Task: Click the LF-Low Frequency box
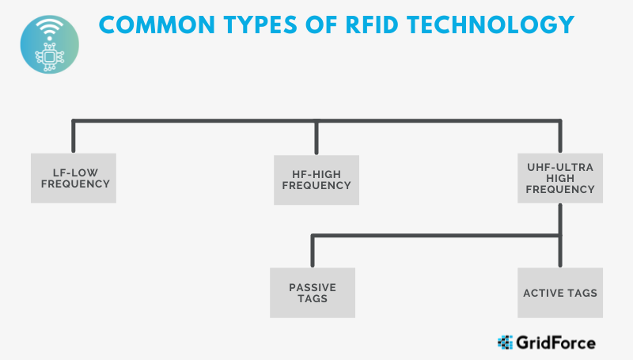tap(74, 178)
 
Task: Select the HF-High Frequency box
tap(316, 180)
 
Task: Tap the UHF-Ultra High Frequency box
tap(560, 178)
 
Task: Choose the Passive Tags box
tap(313, 293)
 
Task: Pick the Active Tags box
tap(560, 293)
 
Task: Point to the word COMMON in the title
tap(157, 25)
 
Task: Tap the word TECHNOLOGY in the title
tap(491, 25)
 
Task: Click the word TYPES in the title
tap(260, 25)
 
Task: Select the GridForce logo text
tap(555, 343)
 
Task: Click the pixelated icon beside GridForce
tap(505, 343)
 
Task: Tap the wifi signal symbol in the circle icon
tap(50, 29)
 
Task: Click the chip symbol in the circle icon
tap(50, 57)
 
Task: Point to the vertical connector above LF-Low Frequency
tap(74, 136)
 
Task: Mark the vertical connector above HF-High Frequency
tap(316, 137)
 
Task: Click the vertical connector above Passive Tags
tap(313, 251)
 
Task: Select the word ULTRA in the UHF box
tap(577, 167)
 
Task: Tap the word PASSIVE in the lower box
tap(313, 287)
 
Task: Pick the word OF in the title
tap(321, 25)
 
